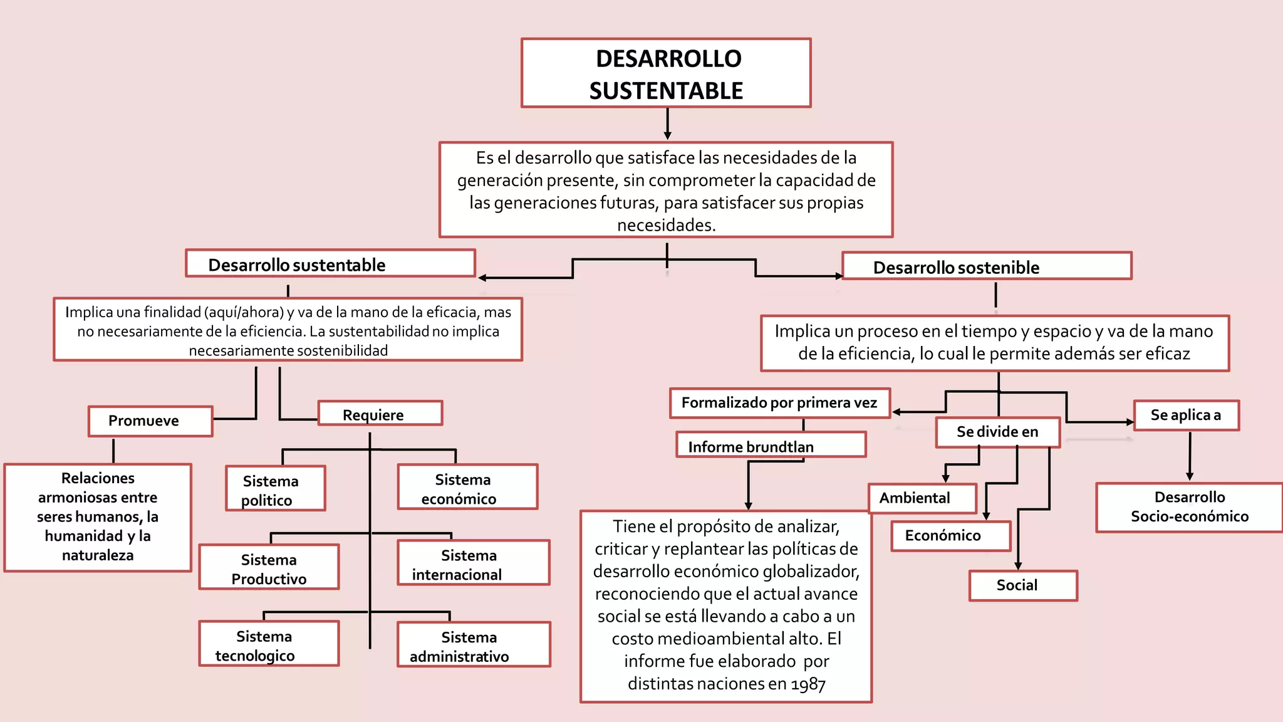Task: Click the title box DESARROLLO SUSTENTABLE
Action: (666, 73)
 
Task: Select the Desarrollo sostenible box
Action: (987, 266)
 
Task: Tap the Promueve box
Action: (150, 421)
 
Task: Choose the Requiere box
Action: (380, 414)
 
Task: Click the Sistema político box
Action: (275, 489)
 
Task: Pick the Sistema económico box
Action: (467, 488)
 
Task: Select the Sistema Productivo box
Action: (269, 567)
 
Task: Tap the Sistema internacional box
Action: (473, 563)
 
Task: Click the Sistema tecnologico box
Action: (269, 644)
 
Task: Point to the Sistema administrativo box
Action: (474, 645)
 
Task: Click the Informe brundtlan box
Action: (771, 445)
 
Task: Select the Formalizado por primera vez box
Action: (780, 403)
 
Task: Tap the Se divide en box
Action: (997, 432)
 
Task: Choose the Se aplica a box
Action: (1186, 415)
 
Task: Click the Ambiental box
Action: (922, 498)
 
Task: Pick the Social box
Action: (1023, 585)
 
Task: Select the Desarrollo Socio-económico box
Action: (1189, 507)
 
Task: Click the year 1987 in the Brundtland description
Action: (808, 684)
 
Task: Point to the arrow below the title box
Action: (667, 125)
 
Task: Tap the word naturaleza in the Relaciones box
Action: (98, 555)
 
